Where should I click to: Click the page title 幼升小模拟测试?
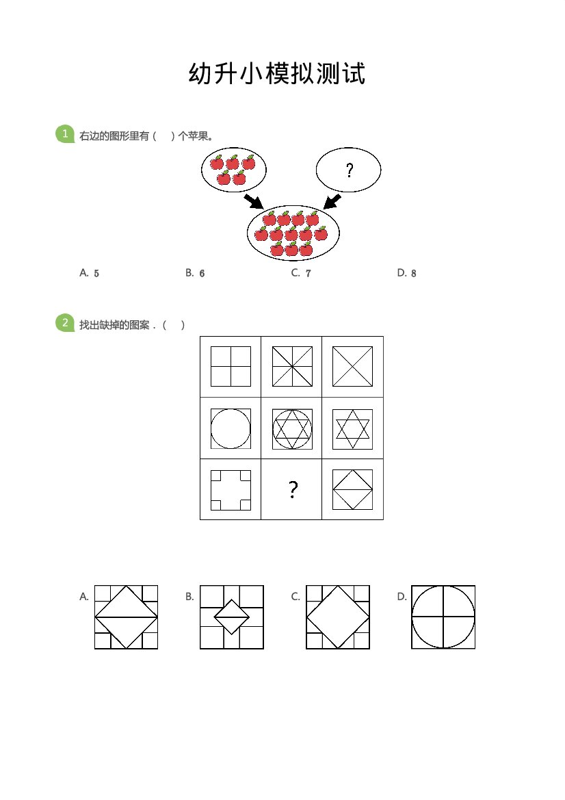[x=277, y=73]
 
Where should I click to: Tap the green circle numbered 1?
[x=65, y=134]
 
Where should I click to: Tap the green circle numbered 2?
[x=65, y=323]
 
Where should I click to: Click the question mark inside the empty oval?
[x=350, y=170]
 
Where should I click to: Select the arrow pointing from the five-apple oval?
[x=254, y=201]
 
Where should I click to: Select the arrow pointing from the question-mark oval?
[x=332, y=201]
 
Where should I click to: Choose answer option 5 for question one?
[x=90, y=273]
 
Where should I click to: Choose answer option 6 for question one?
[x=196, y=273]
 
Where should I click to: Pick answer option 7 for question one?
[x=302, y=273]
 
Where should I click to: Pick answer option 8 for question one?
[x=407, y=273]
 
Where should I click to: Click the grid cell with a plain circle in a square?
[x=231, y=428]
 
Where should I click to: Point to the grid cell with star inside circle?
[x=291, y=428]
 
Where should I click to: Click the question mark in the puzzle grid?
[x=293, y=489]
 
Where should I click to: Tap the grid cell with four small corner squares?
[x=231, y=489]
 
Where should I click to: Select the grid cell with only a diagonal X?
[x=352, y=367]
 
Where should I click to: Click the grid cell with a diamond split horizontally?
[x=352, y=489]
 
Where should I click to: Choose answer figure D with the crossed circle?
[x=443, y=617]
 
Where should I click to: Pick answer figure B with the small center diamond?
[x=231, y=617]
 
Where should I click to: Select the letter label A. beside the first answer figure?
[x=84, y=597]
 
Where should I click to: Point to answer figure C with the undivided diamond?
[x=338, y=617]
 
